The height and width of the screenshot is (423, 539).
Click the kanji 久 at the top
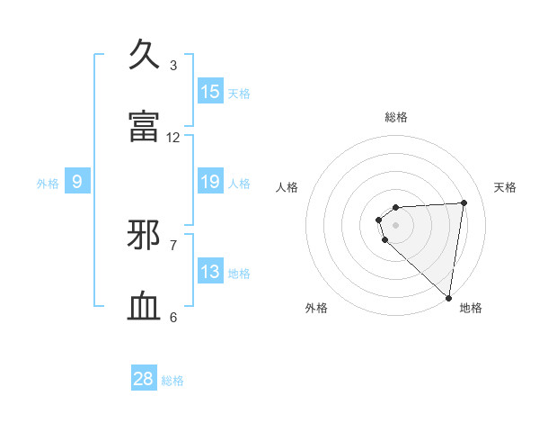(145, 55)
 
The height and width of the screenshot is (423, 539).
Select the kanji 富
(145, 126)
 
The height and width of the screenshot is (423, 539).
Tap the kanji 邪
(145, 235)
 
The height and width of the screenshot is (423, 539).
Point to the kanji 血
(145, 307)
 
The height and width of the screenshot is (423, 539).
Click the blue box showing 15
(210, 92)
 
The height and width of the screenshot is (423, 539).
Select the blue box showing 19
(210, 183)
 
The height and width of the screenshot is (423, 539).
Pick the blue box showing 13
(210, 273)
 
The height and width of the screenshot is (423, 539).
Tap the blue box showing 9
(77, 183)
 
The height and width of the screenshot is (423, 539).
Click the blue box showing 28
(144, 379)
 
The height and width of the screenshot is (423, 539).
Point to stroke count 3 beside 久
(173, 66)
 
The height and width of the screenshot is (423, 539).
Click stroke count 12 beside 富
(173, 138)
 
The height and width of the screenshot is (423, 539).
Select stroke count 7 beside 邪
(173, 245)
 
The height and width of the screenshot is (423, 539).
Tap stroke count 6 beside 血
(173, 317)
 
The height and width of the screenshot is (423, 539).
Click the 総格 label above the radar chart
(396, 117)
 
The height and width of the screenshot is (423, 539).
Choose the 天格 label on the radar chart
(506, 187)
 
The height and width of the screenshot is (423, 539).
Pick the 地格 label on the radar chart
(471, 308)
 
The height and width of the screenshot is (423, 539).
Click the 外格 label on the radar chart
(316, 308)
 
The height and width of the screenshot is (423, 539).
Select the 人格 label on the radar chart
(287, 187)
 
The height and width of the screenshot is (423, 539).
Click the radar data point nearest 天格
(464, 202)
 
